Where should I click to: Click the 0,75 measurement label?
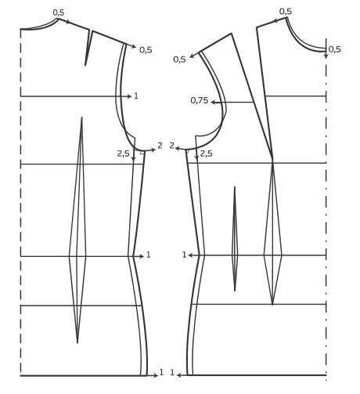click(200, 100)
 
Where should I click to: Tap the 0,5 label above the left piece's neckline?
click(59, 13)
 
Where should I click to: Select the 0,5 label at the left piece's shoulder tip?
click(146, 50)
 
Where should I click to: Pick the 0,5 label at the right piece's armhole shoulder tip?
click(179, 60)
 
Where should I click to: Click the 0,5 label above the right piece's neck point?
click(286, 12)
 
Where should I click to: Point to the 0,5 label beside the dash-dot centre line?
click(334, 49)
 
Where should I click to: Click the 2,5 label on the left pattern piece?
click(123, 154)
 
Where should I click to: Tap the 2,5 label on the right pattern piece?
click(206, 154)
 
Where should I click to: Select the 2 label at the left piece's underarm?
click(160, 146)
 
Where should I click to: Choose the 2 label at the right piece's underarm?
click(172, 146)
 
